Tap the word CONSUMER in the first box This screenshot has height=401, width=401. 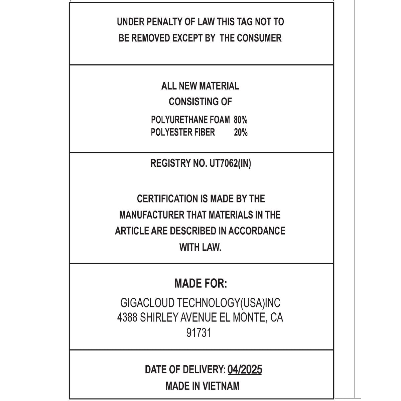(x=259, y=38)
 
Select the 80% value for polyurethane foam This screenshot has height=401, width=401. (x=241, y=120)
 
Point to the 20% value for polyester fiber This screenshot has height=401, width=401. (x=241, y=132)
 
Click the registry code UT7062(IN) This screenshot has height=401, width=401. (x=230, y=163)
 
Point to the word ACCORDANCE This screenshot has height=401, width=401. (x=257, y=231)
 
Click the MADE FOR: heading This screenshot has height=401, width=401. (x=200, y=284)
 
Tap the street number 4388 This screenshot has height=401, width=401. (x=127, y=317)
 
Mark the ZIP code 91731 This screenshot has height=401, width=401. (x=199, y=333)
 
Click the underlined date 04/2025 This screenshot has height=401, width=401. (x=245, y=370)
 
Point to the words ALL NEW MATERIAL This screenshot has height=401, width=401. (x=200, y=86)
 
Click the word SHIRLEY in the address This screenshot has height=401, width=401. (x=159, y=317)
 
